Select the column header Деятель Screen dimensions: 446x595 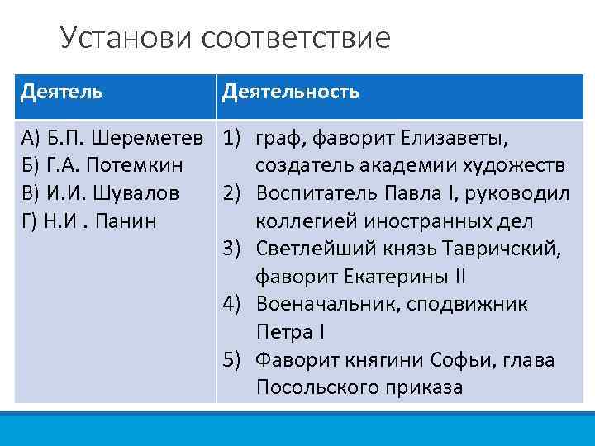point(62,91)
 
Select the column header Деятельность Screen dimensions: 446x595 point(290,91)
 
